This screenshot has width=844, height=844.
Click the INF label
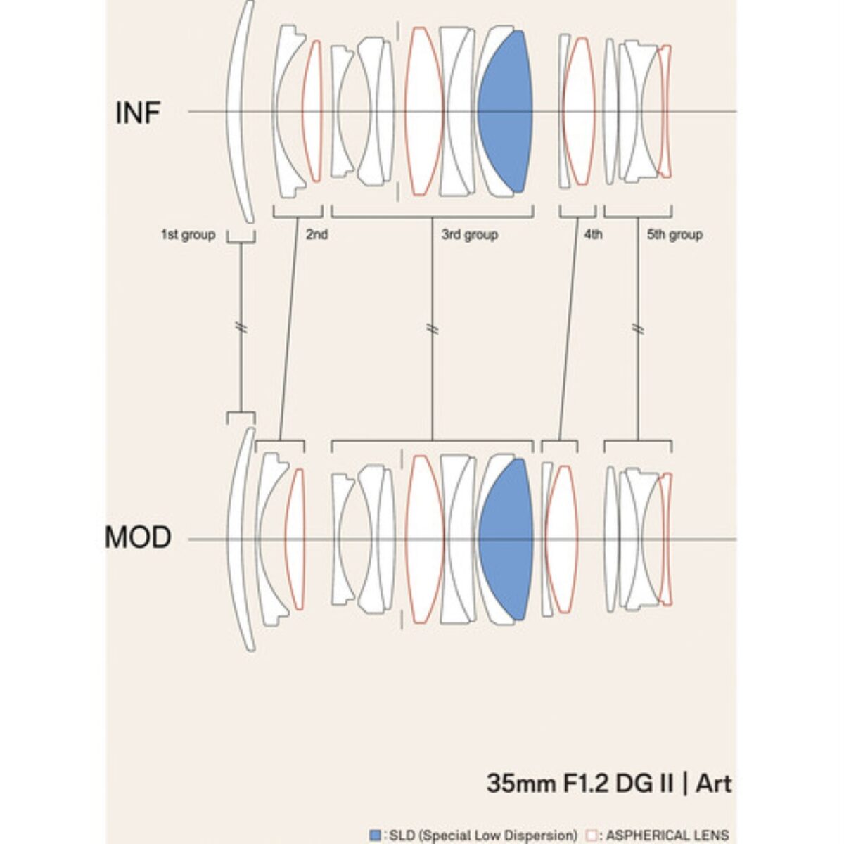pos(139,113)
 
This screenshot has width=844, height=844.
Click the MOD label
pos(139,538)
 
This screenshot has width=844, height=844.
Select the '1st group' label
pos(188,234)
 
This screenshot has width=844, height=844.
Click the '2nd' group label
pos(316,234)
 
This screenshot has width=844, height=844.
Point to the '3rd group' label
pos(469,234)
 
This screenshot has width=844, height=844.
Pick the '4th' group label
pos(593,234)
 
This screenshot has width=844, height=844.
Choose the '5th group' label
pos(674,234)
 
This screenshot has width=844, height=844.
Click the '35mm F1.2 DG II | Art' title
pos(608,783)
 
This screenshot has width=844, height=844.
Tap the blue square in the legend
pos(375,835)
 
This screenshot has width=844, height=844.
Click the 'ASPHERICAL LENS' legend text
pos(667,835)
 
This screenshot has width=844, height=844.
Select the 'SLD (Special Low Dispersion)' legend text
pos(482,835)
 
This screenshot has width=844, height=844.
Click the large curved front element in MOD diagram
pos(238,539)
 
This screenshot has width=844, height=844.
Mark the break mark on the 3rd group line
pos(432,328)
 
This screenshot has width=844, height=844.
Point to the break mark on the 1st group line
pos(241,328)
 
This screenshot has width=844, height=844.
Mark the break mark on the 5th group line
pos(638,328)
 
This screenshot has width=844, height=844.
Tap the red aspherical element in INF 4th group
pos(579,111)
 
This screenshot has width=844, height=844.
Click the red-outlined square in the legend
pos(591,835)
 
